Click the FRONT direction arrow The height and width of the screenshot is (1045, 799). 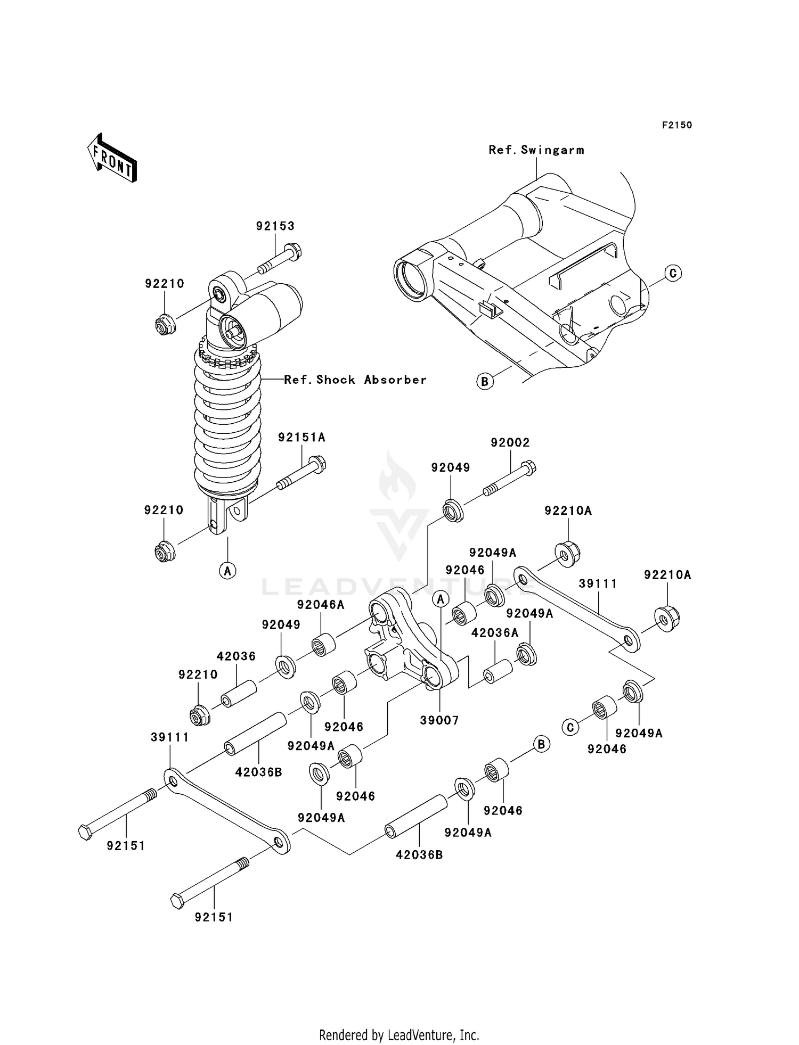tap(112, 158)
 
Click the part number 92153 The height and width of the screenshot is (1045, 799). tap(275, 226)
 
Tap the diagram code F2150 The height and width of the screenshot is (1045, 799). tap(677, 125)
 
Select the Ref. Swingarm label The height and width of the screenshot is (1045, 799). tap(536, 150)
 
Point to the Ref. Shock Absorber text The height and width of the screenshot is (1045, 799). tap(355, 380)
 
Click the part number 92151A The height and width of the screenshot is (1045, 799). tap(301, 438)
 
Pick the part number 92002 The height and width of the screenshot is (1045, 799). tap(510, 442)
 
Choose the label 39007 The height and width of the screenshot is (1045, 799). tap(439, 720)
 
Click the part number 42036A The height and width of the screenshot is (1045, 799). tap(495, 633)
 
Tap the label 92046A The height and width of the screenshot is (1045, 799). tap(321, 605)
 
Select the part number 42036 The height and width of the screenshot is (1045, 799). tap(237, 656)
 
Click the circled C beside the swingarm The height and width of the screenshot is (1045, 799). tap(673, 273)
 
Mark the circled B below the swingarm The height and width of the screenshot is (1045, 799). tap(485, 381)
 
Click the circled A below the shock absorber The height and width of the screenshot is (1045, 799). tap(227, 571)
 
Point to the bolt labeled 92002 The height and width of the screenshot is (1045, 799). tap(509, 479)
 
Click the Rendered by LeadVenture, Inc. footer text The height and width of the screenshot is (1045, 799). tap(399, 1035)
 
